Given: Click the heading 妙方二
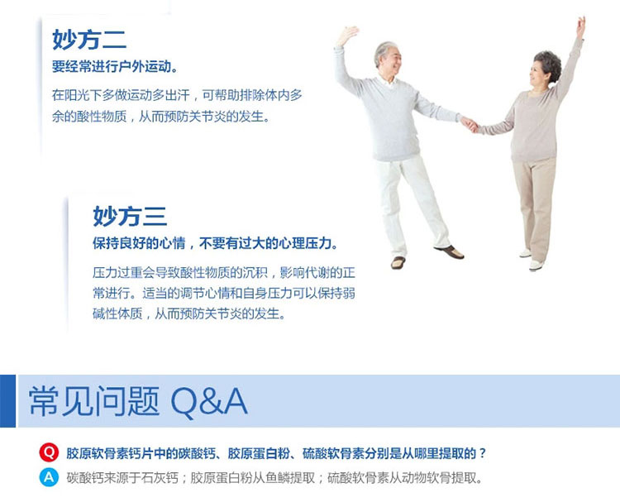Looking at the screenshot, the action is click(89, 39).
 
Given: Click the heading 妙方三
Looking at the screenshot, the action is click(130, 216).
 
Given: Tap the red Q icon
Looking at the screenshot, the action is click(49, 452).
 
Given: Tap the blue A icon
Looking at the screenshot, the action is click(49, 477).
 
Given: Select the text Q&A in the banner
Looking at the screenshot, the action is click(210, 402).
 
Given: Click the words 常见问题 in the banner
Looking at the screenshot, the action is click(94, 401).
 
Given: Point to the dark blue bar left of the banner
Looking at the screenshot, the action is click(7, 401).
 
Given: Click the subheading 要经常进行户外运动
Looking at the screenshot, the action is click(112, 66).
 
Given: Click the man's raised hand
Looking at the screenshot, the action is click(347, 35).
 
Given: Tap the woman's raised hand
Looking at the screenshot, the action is click(581, 26).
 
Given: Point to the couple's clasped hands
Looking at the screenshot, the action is click(470, 124).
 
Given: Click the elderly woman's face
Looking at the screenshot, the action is click(538, 73).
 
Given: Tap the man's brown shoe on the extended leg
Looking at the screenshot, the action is click(450, 251).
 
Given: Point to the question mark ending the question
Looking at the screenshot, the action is click(482, 453).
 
